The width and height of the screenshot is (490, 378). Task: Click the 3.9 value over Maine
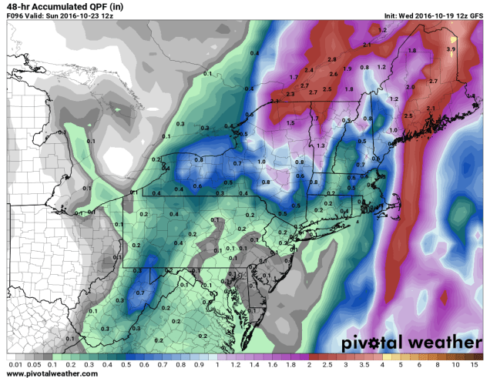coord(451,49)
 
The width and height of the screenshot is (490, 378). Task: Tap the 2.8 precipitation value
coord(332,59)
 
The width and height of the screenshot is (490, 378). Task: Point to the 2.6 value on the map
coord(334,74)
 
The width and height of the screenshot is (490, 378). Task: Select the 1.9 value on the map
coord(348,69)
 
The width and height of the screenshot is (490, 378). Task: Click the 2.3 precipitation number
coord(290,94)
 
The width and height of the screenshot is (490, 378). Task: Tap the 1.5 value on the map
coord(290,123)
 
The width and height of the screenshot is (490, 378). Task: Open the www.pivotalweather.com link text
coord(52,373)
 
